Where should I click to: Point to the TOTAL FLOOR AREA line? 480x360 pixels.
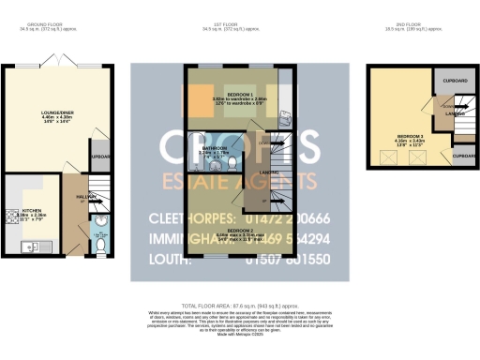pyautogui.click(x=240, y=306)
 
